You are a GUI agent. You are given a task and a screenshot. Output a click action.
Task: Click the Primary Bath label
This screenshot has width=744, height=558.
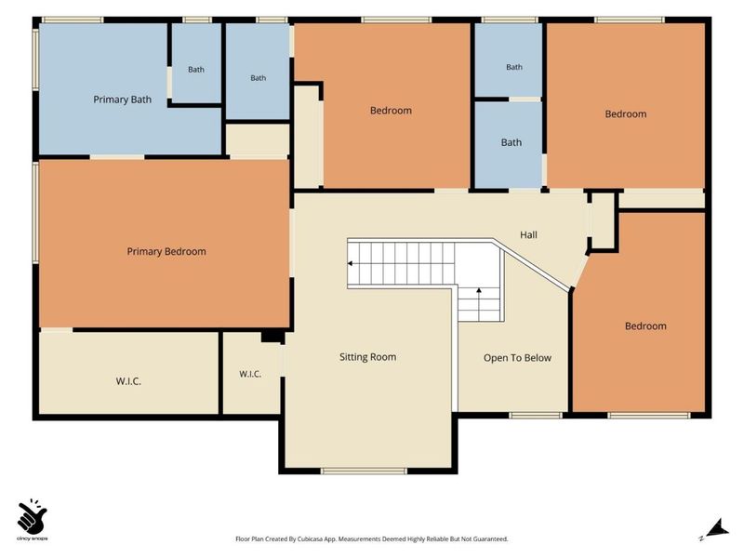coord(123,100)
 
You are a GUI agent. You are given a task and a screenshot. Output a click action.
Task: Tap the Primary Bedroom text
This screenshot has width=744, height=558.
coord(166,251)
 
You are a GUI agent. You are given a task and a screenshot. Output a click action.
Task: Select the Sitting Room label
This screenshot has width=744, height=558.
coord(367,357)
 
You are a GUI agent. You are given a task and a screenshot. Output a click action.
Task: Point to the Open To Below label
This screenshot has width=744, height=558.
coord(517,358)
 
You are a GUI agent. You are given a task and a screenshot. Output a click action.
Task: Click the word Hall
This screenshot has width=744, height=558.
coord(528,234)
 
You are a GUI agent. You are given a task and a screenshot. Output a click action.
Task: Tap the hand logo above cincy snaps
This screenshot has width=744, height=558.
coord(32,516)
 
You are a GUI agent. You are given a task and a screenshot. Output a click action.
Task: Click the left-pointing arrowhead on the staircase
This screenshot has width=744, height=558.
coord(351,263)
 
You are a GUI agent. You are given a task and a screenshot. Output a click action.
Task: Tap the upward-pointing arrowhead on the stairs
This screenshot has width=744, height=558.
coord(479,290)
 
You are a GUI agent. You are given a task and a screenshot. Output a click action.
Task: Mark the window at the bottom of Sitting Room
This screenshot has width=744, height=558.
coord(364,471)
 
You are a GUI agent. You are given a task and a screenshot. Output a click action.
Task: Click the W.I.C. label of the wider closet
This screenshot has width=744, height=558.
coord(128,381)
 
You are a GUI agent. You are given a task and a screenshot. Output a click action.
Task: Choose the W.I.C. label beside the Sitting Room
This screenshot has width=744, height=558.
coord(250,374)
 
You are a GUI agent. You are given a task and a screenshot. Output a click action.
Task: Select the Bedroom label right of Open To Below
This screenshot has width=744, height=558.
coord(645,326)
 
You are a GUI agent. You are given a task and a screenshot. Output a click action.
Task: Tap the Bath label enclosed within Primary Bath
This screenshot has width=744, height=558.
coord(196,69)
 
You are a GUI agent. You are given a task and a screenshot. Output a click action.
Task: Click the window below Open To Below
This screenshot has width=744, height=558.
coord(536,416)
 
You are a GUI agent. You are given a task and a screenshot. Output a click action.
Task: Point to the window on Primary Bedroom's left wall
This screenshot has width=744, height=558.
coord(35,212)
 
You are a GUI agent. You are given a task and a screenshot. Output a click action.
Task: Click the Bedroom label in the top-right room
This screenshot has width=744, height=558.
coord(625,113)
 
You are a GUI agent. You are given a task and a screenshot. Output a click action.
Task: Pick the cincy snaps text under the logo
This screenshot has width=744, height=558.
coord(32,538)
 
